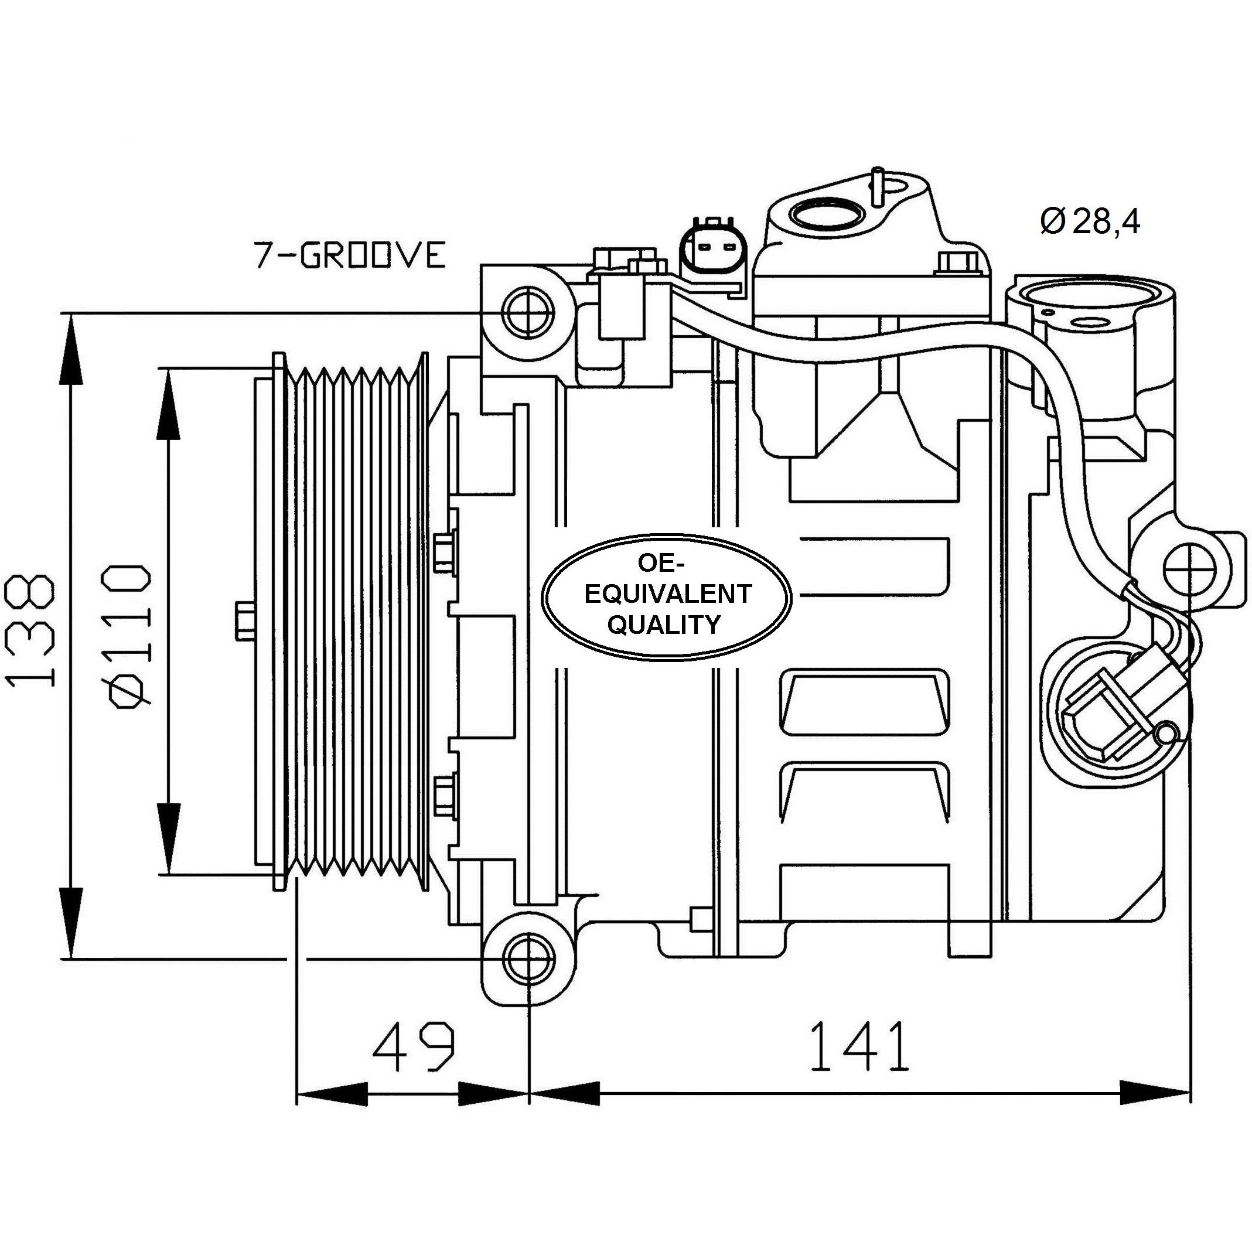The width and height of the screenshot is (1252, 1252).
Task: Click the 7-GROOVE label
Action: click(349, 255)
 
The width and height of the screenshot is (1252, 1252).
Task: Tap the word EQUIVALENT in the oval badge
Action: click(667, 593)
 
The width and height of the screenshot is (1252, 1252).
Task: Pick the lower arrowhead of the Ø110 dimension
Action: click(169, 838)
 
